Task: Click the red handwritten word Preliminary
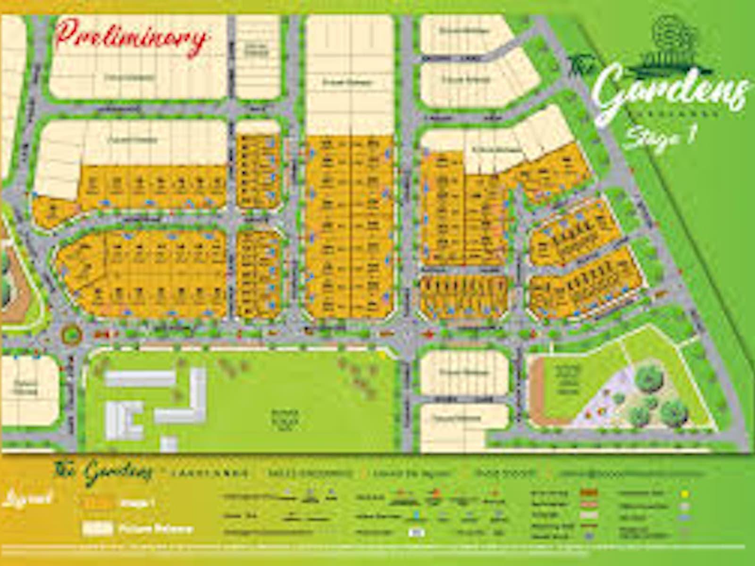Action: (131, 38)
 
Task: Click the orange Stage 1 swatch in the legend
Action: (98, 503)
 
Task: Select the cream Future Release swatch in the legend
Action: (98, 528)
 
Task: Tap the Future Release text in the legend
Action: (156, 528)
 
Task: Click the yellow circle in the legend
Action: (685, 494)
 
